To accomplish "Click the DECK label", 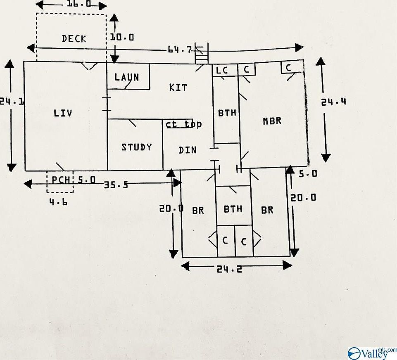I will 74,39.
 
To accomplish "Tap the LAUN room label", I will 127,77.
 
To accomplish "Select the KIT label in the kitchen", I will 178,88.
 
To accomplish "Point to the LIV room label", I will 63,113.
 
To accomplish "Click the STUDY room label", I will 136,147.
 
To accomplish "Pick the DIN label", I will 188,150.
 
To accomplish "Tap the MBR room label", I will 272,121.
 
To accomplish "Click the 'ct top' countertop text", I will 183,124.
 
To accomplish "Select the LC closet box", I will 222,70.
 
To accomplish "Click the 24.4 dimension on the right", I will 333,101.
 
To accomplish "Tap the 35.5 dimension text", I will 116,185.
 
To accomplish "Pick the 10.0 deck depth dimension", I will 122,37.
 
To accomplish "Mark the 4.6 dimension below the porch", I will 58,203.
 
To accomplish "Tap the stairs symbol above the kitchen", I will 202,55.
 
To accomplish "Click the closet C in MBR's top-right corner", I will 288,67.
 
